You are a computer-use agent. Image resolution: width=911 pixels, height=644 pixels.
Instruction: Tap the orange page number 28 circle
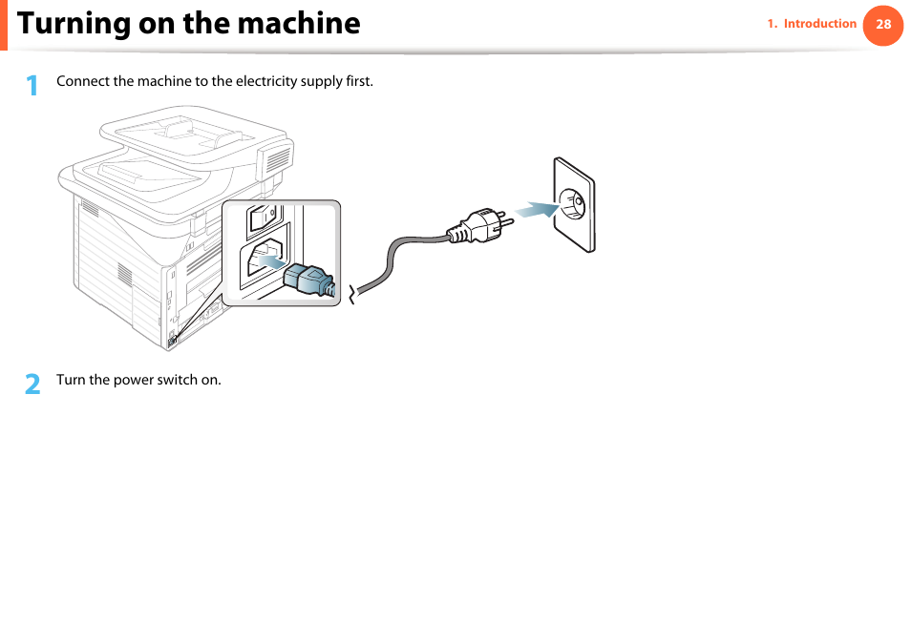(x=883, y=25)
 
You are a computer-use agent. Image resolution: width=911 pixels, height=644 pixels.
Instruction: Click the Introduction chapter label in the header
(x=819, y=24)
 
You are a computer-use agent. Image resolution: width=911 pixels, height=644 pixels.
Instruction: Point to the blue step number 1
(x=32, y=86)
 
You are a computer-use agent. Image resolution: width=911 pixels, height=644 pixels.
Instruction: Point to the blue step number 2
(x=32, y=384)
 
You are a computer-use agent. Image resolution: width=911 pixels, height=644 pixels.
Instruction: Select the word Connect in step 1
(x=81, y=81)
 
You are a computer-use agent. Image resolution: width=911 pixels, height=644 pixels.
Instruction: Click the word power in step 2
(x=134, y=380)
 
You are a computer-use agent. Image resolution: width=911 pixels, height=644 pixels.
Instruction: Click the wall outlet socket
(x=575, y=203)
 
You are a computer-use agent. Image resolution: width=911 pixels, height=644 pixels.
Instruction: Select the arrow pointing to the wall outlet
(x=535, y=209)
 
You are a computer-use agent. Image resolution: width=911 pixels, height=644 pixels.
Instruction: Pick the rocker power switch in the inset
(x=262, y=220)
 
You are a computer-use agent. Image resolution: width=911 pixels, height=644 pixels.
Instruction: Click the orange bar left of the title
(x=3, y=25)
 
